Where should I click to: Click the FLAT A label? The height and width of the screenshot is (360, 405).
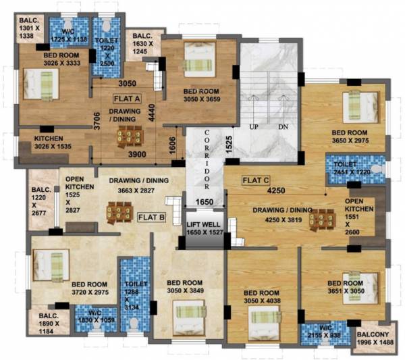pos(127,99)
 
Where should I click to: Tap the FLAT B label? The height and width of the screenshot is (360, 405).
pos(151,217)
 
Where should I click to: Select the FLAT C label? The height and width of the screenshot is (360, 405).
pos(256,180)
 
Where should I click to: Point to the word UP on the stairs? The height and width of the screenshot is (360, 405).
pos(255,127)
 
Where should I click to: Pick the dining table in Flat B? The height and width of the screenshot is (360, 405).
pos(119,213)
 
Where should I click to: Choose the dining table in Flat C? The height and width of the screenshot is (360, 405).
pos(322,221)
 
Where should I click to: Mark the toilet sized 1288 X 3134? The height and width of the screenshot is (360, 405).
pos(135,296)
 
